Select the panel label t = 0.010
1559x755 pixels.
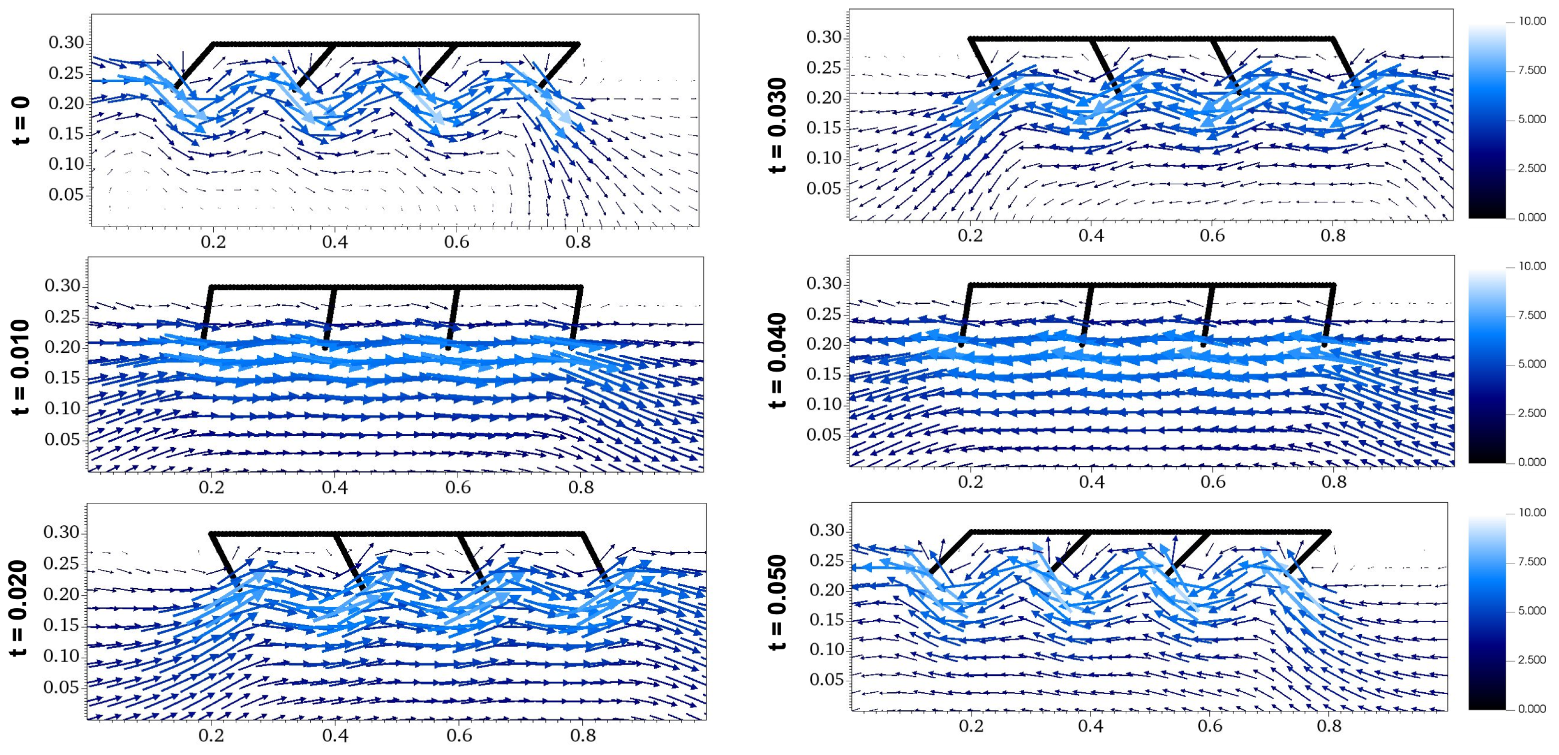coord(21,366)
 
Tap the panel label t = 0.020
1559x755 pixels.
coord(20,608)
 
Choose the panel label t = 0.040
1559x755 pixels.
coord(778,360)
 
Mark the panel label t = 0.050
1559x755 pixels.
coord(778,603)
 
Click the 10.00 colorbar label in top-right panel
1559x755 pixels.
coord(1532,21)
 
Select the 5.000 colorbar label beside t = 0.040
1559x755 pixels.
coord(1532,364)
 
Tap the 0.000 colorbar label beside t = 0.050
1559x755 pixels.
coord(1532,709)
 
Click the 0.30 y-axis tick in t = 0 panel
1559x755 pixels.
coord(66,42)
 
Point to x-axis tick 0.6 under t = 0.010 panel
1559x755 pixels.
coord(458,488)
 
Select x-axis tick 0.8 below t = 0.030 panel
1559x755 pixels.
coord(1333,235)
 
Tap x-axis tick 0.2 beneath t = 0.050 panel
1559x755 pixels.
coord(971,726)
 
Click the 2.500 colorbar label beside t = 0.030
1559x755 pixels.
coord(1532,168)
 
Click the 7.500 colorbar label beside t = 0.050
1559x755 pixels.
coord(1532,561)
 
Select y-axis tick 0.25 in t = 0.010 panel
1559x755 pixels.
coord(62,317)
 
